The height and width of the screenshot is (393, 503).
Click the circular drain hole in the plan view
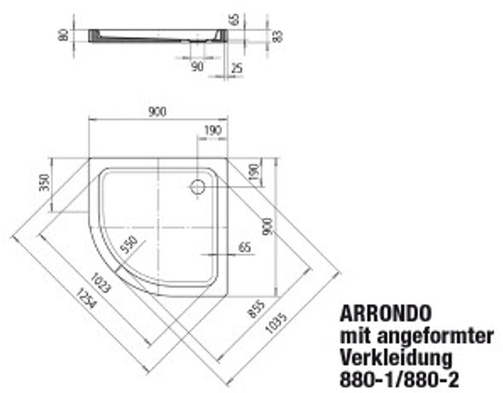[x=198, y=186]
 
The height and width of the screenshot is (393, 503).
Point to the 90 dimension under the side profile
[x=197, y=67]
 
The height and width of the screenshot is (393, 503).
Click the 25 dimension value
[x=236, y=68]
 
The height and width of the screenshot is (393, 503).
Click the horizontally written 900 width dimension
[x=157, y=112]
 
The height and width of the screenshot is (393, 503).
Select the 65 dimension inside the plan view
[x=244, y=247]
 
